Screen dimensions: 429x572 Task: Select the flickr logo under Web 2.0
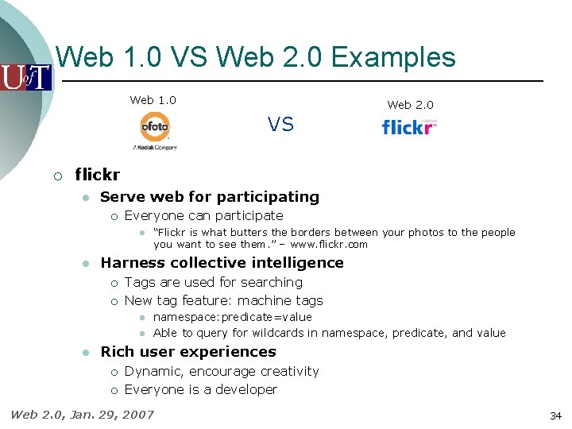(409, 127)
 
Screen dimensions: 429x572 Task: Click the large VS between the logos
(280, 125)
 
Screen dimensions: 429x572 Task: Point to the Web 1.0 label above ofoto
(153, 100)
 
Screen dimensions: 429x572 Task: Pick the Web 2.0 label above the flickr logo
(410, 105)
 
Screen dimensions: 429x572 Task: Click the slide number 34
(555, 415)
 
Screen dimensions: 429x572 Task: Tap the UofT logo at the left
(25, 77)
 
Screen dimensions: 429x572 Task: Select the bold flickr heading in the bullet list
(97, 175)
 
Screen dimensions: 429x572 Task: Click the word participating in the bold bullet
(268, 197)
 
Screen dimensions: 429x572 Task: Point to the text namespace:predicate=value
(233, 317)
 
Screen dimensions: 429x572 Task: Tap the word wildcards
(287, 333)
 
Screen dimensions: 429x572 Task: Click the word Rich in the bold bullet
(115, 352)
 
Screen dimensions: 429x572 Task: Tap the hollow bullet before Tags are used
(114, 283)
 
